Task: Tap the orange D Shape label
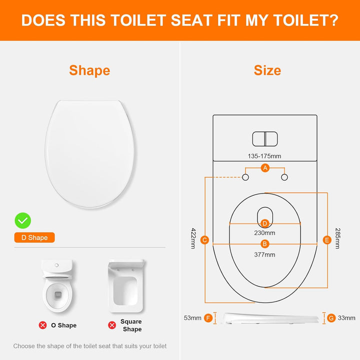click(x=34, y=237)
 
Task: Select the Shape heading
click(x=89, y=70)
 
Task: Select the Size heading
click(x=267, y=70)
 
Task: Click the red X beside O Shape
click(x=43, y=325)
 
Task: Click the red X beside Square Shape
click(x=112, y=325)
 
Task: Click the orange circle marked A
click(x=265, y=168)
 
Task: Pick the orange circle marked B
click(x=265, y=244)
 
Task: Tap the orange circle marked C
click(x=204, y=240)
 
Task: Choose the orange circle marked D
click(x=265, y=223)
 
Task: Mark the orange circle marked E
click(x=327, y=240)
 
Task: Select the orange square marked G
click(x=331, y=317)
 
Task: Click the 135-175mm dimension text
click(x=265, y=156)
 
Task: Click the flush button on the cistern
click(x=265, y=138)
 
